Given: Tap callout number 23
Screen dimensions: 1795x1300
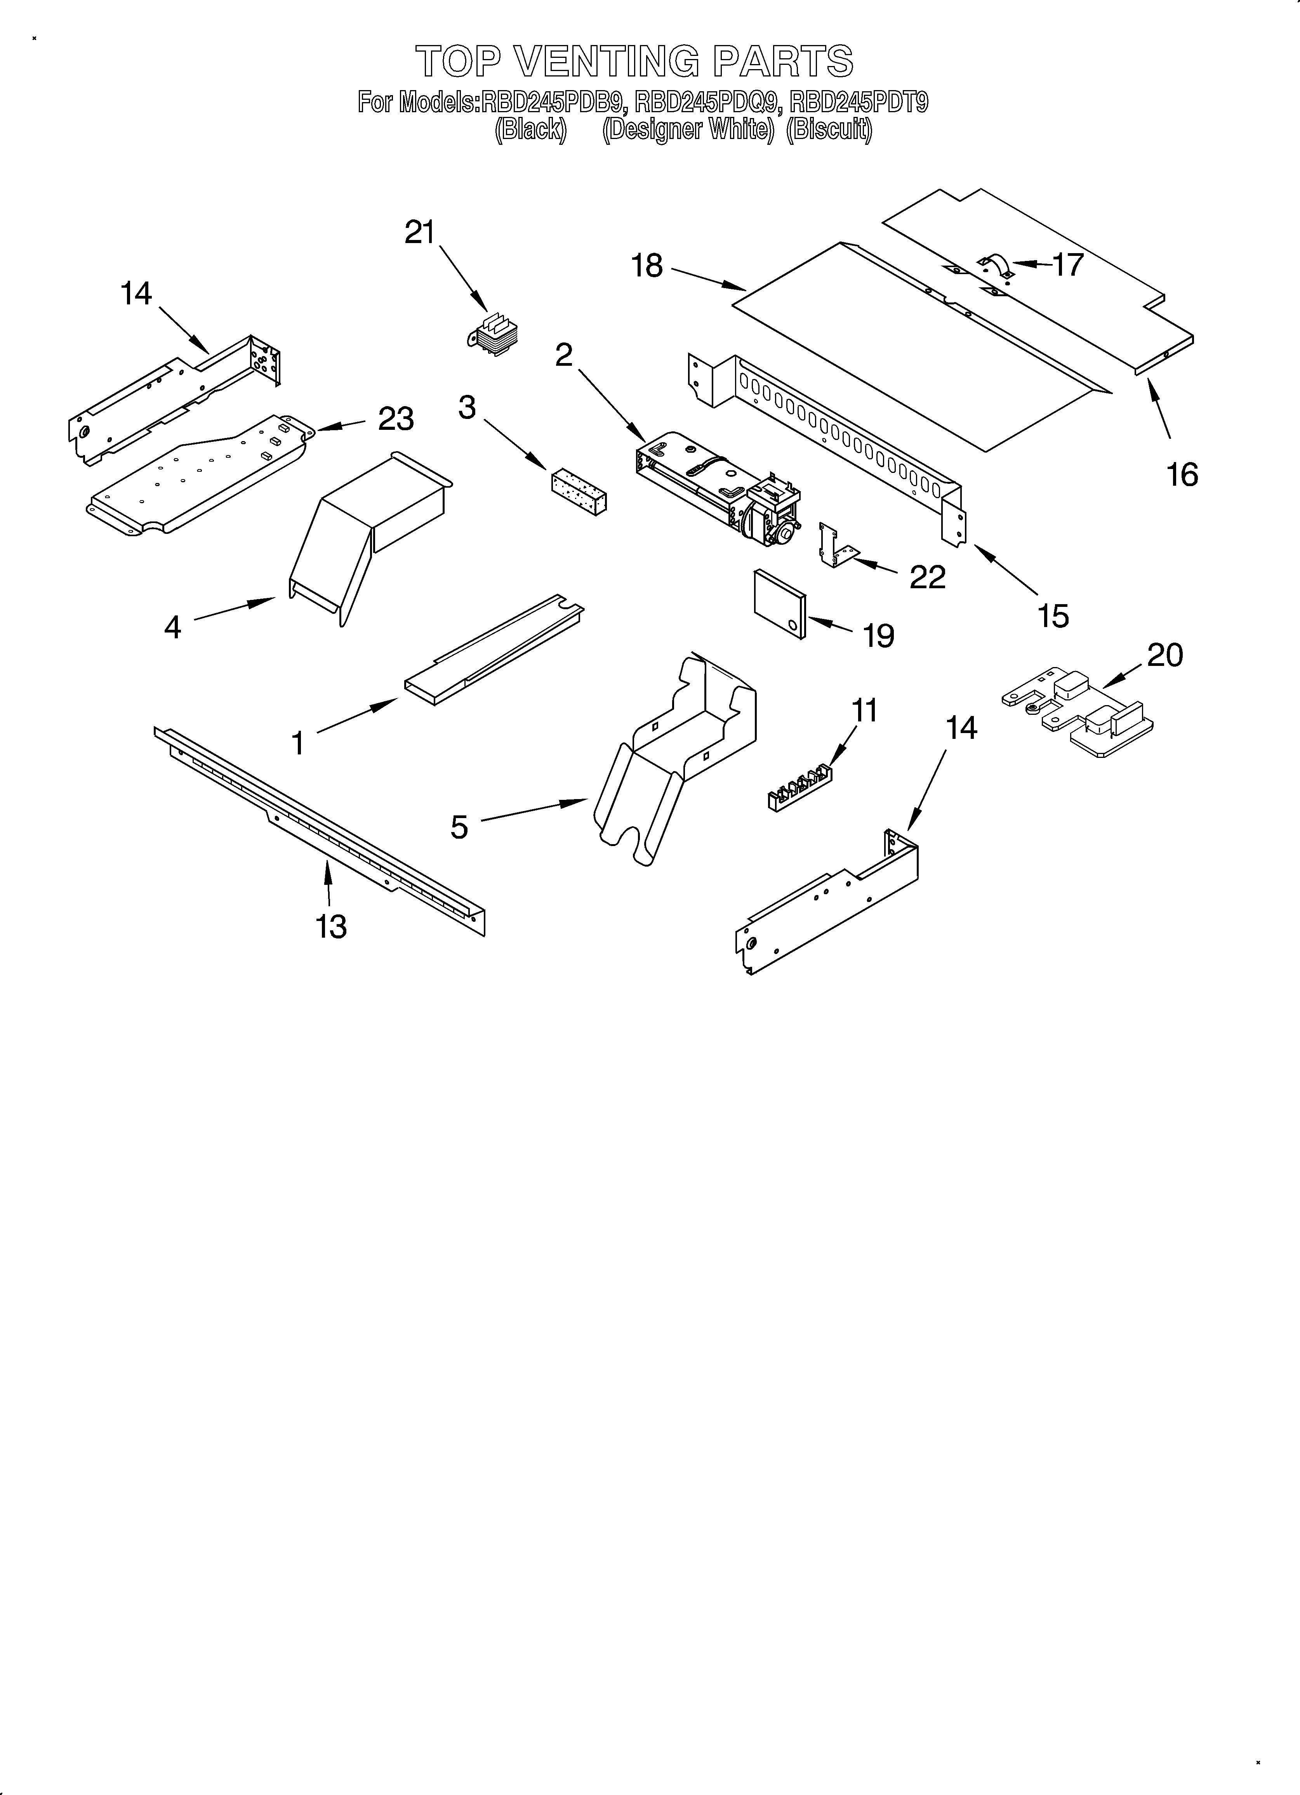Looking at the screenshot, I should click(x=395, y=419).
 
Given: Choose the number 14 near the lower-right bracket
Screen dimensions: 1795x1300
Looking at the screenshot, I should click(x=960, y=726).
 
